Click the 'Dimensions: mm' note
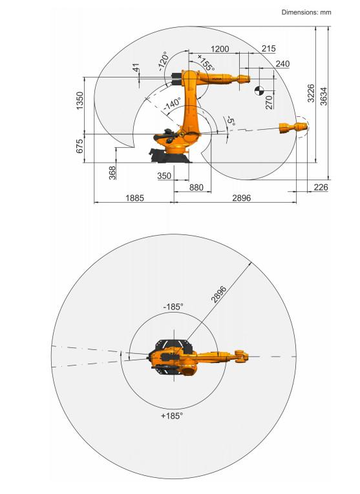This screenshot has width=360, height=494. click(x=306, y=12)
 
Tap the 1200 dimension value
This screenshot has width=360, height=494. click(x=220, y=49)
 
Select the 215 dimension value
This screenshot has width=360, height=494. click(x=269, y=48)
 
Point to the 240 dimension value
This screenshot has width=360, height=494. click(x=282, y=64)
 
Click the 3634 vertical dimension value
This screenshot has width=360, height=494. click(x=324, y=96)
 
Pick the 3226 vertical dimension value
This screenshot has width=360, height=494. click(x=311, y=93)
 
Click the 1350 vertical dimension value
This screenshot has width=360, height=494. click(x=80, y=101)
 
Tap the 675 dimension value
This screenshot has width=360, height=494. click(x=80, y=146)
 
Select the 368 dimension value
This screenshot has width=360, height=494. click(x=112, y=172)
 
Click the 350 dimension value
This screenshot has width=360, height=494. click(x=164, y=176)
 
